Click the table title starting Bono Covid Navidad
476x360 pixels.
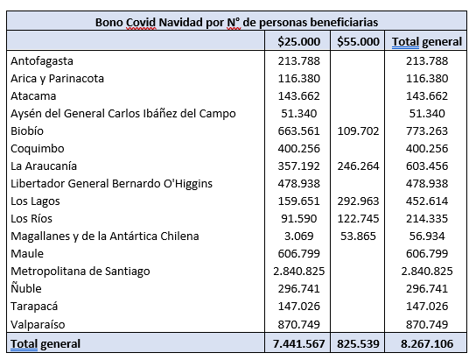tap(237, 23)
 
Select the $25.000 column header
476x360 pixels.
tap(298, 42)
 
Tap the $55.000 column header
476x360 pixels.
tap(358, 42)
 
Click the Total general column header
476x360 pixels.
tap(427, 42)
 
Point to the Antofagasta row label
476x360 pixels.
tap(42, 61)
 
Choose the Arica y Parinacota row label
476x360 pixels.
tap(58, 79)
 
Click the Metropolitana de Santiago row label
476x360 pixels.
tap(80, 272)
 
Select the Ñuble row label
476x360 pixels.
tap(26, 288)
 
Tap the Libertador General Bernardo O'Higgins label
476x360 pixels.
tap(111, 184)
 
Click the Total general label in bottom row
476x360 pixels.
tap(45, 344)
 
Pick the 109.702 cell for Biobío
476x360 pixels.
tap(358, 131)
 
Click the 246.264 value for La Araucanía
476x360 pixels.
tap(358, 166)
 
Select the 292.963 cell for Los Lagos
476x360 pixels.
tap(358, 201)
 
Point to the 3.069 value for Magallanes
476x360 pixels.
tap(298, 236)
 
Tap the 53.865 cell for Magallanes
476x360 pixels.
tap(358, 236)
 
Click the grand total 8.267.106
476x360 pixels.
tap(427, 344)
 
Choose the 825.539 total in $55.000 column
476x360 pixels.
tap(358, 344)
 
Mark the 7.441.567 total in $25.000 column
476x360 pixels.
tap(298, 344)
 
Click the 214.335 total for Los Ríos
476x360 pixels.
tap(427, 219)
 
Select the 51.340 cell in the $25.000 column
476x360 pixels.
tap(298, 114)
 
